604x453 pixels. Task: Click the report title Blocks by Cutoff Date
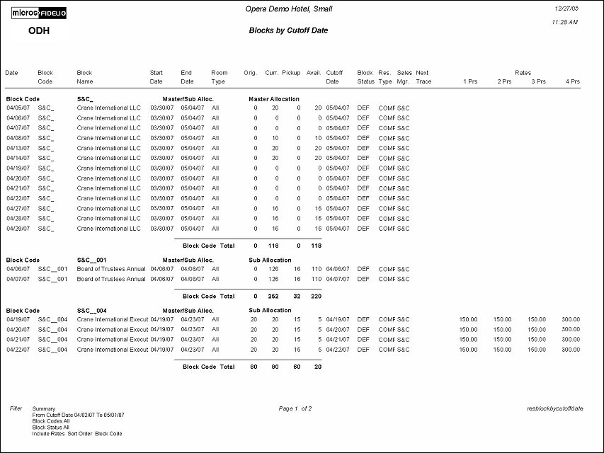[288, 30]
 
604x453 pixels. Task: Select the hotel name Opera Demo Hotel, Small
[288, 9]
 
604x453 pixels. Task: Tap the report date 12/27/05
[569, 8]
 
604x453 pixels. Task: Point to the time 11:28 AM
[564, 23]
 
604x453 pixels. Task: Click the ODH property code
[39, 31]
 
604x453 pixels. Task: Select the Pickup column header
[291, 73]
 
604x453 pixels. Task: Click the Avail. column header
[314, 73]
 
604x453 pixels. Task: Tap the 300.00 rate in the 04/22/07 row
[571, 350]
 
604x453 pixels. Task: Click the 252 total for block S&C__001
[272, 297]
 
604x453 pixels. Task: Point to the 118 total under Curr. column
[272, 246]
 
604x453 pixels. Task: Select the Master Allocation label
[273, 99]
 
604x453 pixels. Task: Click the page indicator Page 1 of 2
[295, 408]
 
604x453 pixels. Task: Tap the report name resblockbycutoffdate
[555, 408]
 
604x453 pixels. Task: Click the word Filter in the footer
[16, 408]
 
